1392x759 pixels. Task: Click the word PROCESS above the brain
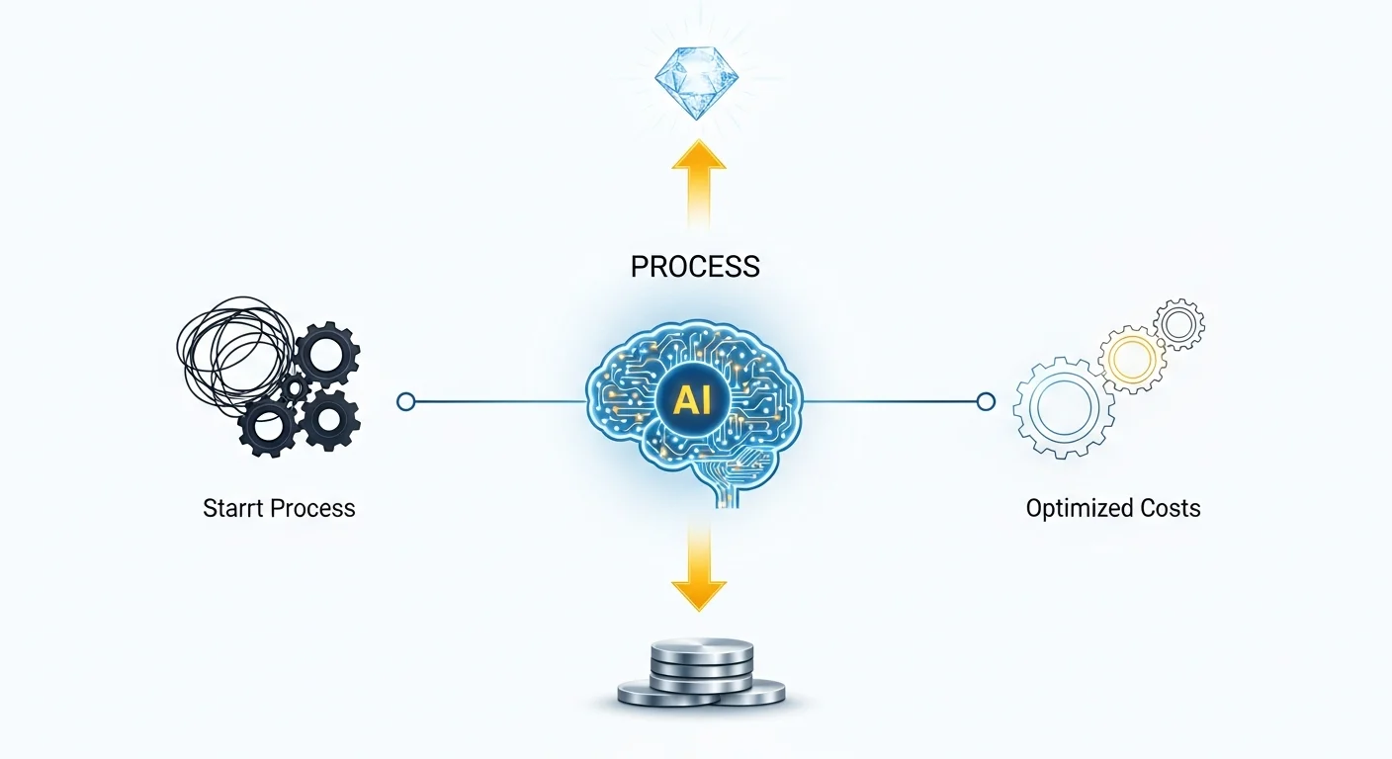click(695, 266)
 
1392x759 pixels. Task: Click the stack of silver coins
click(700, 672)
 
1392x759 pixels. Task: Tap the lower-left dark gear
click(266, 426)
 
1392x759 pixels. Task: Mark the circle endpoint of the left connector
click(405, 401)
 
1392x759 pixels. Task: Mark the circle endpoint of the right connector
click(985, 401)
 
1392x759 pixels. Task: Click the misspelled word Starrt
click(234, 509)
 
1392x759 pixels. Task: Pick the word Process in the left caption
click(313, 509)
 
